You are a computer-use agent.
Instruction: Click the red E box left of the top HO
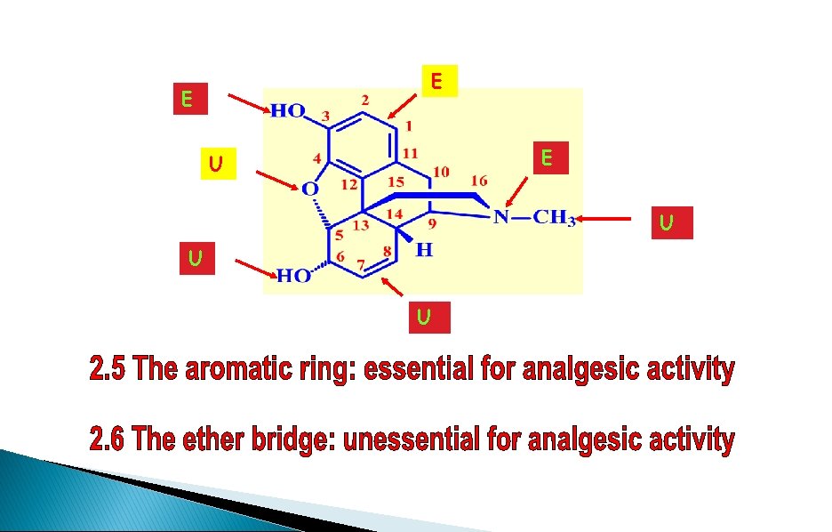click(188, 100)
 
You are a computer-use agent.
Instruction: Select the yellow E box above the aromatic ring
click(436, 82)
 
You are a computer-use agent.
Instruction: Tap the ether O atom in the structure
click(308, 189)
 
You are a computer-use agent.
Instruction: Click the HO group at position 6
click(293, 276)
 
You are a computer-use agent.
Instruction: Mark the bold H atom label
click(424, 251)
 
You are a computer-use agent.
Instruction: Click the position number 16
click(478, 180)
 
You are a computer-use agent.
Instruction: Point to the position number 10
click(441, 171)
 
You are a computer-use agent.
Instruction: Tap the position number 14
click(395, 214)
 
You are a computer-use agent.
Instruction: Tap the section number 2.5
click(109, 370)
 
